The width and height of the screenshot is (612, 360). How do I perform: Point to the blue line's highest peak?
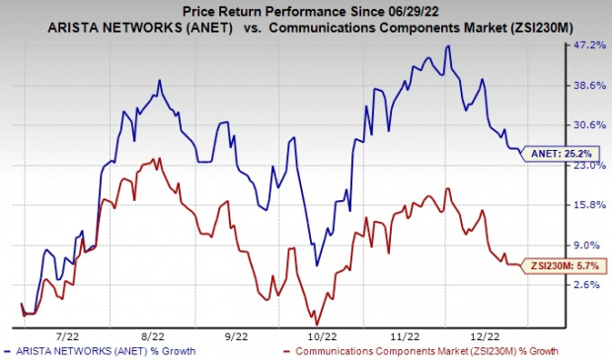(449, 45)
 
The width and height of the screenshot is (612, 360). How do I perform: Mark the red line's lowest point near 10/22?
(316, 324)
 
